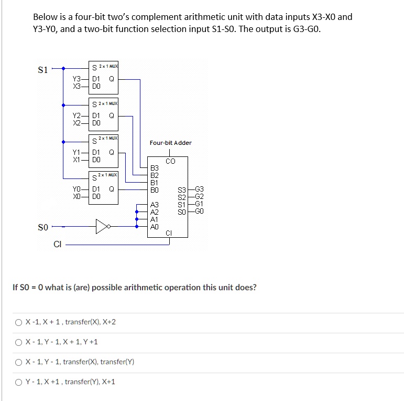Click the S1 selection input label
43,70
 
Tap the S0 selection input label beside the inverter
43,227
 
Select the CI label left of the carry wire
58,244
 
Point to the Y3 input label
77,79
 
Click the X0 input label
77,196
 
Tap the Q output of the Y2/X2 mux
112,115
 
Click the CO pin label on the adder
170,161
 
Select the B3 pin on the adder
155,168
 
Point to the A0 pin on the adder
155,227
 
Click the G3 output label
199,189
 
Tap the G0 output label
199,211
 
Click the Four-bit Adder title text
171,143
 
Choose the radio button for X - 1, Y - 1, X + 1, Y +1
18,342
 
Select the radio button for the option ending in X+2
18,323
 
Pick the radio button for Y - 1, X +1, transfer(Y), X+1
18,382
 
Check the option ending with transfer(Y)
18,362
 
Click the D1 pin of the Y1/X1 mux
96,152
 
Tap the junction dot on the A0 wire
137,227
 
